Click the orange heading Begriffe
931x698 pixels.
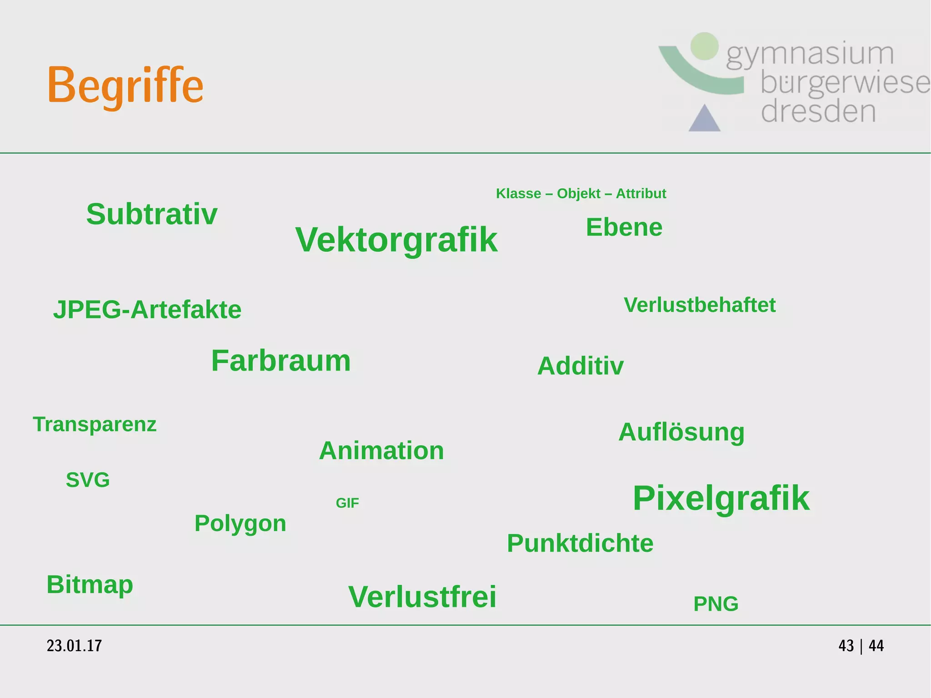click(125, 85)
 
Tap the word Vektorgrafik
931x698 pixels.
click(396, 240)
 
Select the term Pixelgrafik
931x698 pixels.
click(721, 498)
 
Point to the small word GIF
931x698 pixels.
click(347, 503)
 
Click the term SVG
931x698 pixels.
click(88, 480)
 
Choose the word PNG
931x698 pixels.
click(716, 604)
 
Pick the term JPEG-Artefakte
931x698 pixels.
click(147, 310)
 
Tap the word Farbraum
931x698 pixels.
click(281, 361)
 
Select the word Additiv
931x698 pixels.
click(580, 366)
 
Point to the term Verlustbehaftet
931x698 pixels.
click(700, 305)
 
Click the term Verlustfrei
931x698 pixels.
click(422, 597)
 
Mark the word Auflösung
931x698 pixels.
click(681, 432)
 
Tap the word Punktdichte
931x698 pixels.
click(580, 543)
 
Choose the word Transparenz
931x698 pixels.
click(95, 424)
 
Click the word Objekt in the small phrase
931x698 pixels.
click(579, 194)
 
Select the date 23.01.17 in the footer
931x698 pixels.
click(74, 646)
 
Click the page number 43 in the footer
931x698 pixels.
click(846, 646)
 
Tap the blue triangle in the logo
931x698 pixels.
click(704, 120)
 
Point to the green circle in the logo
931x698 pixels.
click(704, 46)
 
